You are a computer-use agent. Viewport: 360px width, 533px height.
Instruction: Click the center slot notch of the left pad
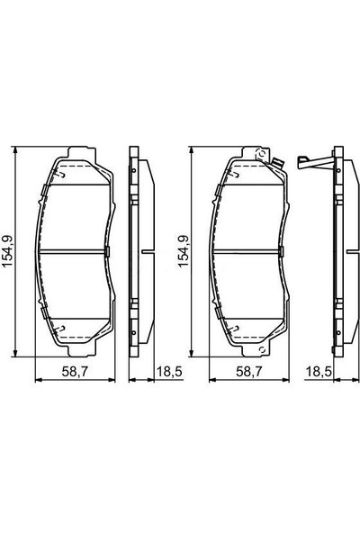[106, 249]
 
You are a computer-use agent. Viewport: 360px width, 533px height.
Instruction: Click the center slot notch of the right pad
[280, 249]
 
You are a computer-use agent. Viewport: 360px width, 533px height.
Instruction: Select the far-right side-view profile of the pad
[338, 249]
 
